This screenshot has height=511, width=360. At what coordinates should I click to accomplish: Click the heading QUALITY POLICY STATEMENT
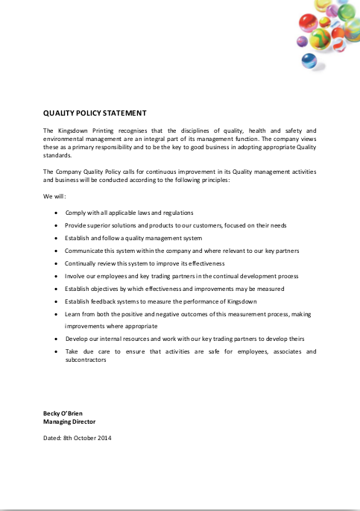95,113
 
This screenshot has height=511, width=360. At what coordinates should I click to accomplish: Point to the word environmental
65,139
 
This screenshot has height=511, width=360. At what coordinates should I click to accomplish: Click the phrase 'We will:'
55,196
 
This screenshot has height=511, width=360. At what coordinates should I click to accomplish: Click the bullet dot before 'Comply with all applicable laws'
58,213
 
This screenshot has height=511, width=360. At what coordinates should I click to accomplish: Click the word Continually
82,263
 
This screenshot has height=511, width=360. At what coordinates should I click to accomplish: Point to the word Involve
75,276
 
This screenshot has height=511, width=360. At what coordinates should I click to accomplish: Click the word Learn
74,313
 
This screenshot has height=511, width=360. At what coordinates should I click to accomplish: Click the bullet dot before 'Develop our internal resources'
58,339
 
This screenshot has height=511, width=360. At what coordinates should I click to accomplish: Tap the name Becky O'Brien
64,413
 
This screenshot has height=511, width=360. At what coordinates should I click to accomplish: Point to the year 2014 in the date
104,438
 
